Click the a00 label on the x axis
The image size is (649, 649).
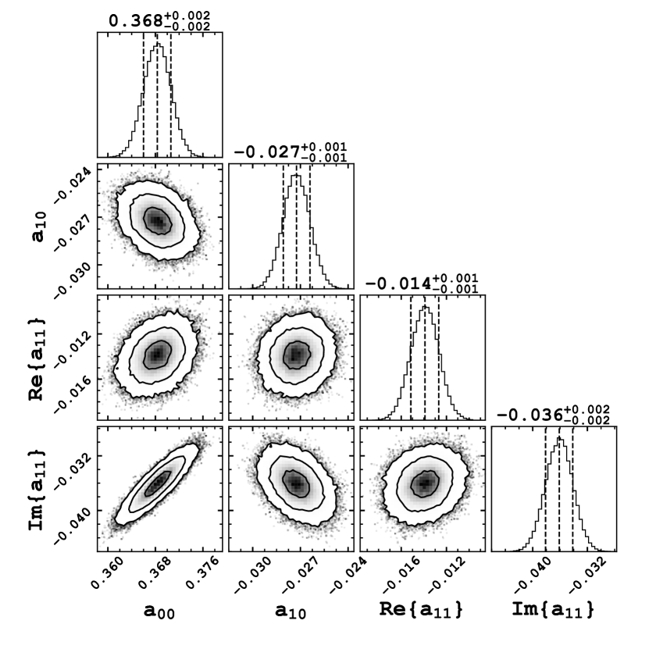pos(159,612)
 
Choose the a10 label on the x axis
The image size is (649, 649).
pos(291,612)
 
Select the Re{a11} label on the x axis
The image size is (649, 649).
pos(423,611)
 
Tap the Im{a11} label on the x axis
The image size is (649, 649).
pos(555,611)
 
